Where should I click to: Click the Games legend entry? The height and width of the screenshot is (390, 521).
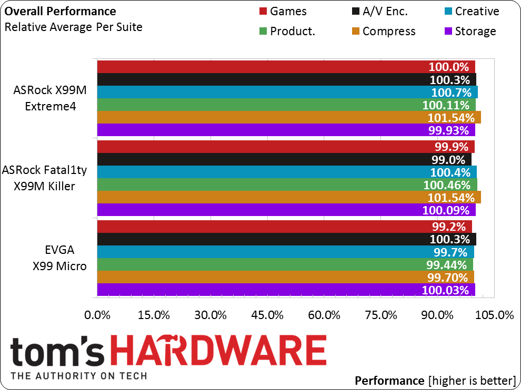click(283, 11)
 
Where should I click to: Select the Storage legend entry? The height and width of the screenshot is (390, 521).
click(470, 31)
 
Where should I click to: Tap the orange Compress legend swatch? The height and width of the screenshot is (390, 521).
click(356, 31)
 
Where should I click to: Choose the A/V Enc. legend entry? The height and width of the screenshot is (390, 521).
click(379, 11)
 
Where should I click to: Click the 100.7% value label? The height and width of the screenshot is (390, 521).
click(451, 93)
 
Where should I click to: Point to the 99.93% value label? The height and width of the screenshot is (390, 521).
click(448, 130)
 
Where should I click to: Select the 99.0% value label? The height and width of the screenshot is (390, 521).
click(448, 160)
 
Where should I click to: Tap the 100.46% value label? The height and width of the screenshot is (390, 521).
click(447, 185)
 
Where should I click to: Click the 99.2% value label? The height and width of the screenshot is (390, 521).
click(449, 227)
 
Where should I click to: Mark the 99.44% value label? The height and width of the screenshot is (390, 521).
click(447, 265)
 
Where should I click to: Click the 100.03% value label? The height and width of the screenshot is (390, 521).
click(445, 291)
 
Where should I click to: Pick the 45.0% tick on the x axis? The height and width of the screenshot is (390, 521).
click(267, 315)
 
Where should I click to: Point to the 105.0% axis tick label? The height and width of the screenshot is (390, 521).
click(494, 315)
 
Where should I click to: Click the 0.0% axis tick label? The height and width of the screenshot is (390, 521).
click(97, 315)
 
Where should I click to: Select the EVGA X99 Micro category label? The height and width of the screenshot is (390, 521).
click(59, 258)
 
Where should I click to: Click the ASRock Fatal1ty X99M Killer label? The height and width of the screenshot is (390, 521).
click(45, 178)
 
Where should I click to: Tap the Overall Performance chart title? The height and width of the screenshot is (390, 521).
click(60, 11)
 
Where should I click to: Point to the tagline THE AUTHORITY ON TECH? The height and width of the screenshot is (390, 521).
click(79, 376)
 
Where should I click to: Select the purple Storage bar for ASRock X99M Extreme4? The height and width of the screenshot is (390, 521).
click(286, 130)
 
